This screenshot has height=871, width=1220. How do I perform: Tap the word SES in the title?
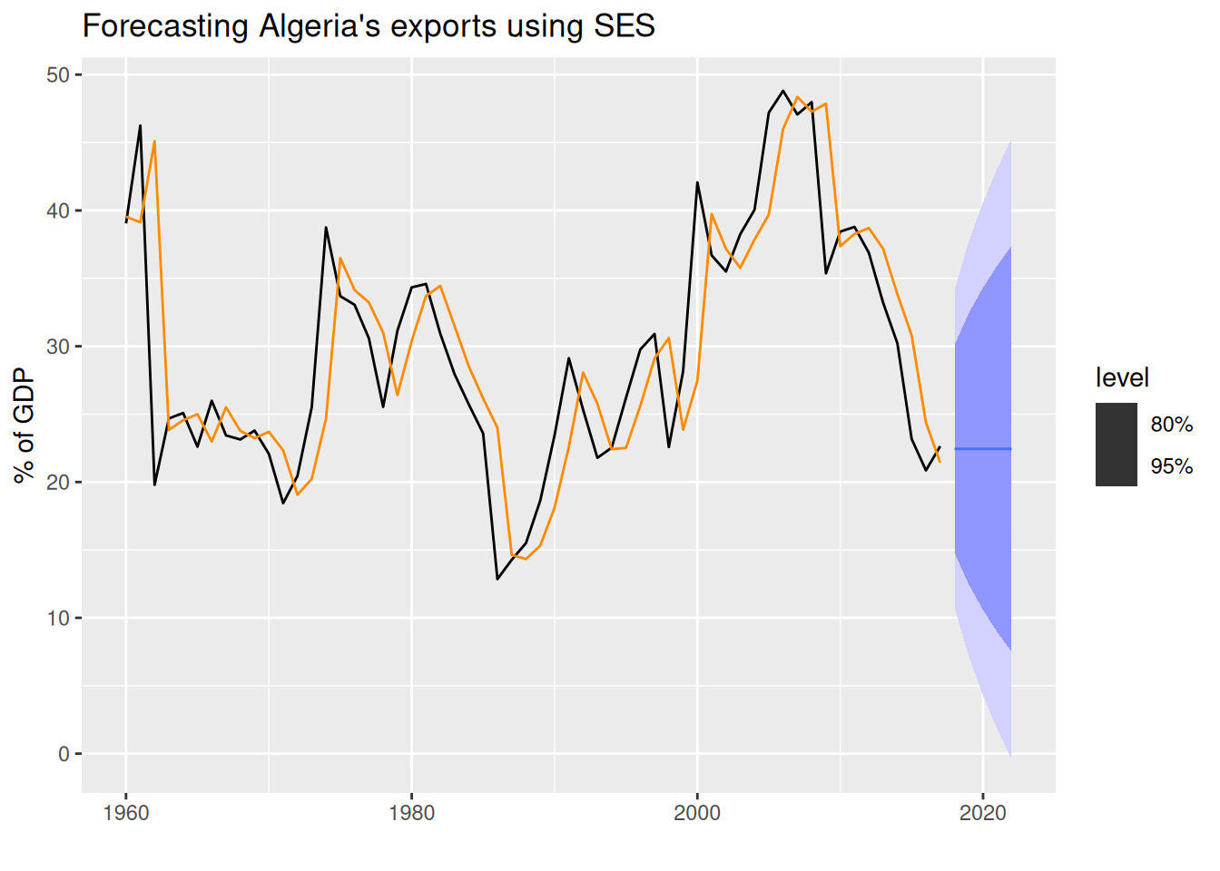(624, 26)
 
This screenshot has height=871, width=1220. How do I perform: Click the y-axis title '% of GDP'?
(25, 426)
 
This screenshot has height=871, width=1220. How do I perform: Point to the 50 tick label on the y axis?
(58, 74)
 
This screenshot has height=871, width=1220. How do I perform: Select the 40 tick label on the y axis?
(58, 210)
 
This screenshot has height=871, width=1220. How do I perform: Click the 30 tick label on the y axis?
(58, 347)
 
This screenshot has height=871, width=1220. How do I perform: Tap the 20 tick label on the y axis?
(58, 482)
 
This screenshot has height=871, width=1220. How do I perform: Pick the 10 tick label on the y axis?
(58, 618)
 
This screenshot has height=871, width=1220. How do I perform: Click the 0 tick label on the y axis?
(64, 754)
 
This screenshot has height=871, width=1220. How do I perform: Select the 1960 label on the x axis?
(126, 813)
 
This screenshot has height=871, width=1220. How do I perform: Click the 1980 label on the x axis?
(411, 813)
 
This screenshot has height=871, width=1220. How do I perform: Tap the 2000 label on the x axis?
(697, 813)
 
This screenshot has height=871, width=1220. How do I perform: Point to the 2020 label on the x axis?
(983, 813)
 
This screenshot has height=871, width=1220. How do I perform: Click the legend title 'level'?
(1122, 377)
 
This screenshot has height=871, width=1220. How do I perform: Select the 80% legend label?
(1171, 424)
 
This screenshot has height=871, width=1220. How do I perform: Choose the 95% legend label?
(1171, 466)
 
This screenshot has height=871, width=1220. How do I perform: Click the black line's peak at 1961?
(141, 125)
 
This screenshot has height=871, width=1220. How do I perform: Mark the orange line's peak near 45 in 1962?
(154, 142)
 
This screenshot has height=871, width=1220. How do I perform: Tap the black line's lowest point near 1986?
(497, 579)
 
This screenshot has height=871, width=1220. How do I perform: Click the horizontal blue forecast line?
(983, 449)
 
